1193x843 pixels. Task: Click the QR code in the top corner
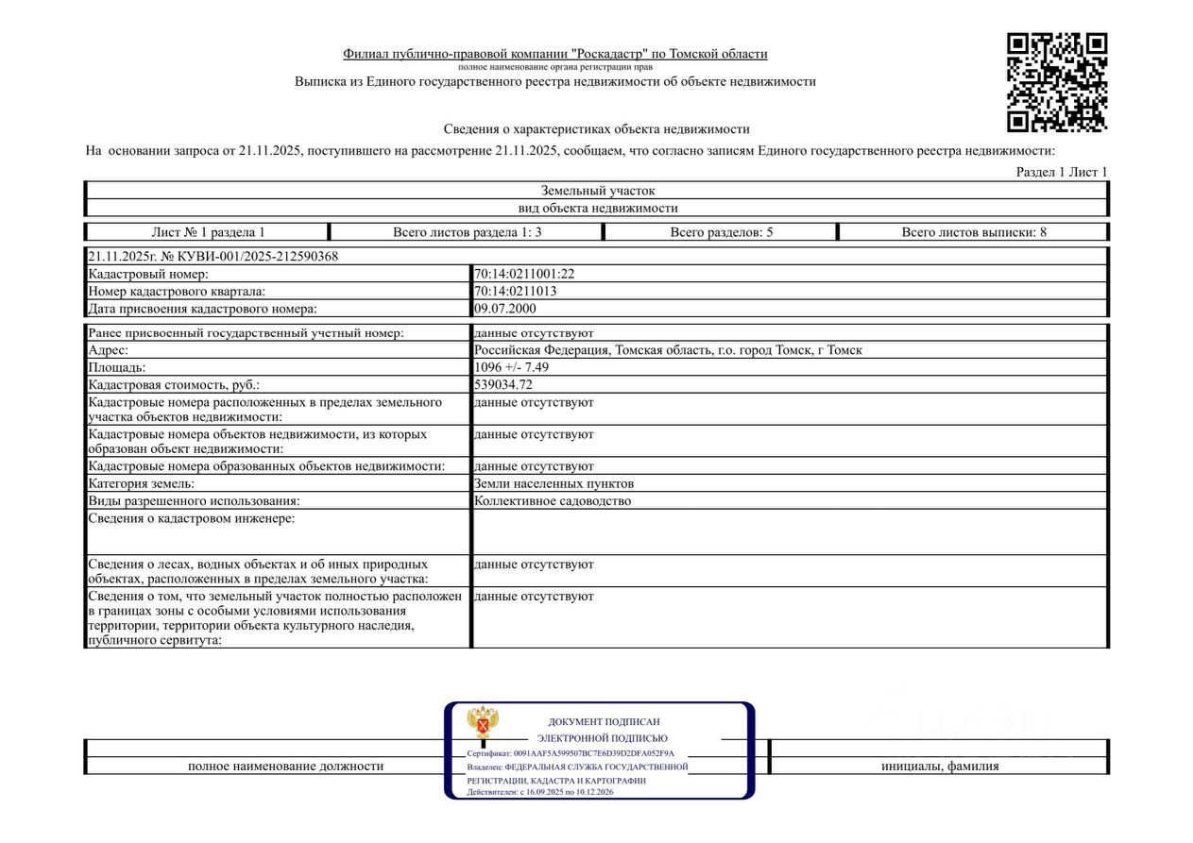coord(1056,82)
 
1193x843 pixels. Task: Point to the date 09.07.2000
coord(504,308)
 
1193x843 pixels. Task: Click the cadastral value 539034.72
coord(511,384)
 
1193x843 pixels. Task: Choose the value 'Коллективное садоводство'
coord(553,501)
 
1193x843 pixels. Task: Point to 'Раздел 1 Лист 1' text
coord(1061,172)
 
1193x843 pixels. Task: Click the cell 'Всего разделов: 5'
coord(722,232)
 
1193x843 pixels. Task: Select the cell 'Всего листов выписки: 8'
coord(974,232)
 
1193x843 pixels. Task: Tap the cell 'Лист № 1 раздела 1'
coord(208,232)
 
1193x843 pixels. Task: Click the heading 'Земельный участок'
coord(597,191)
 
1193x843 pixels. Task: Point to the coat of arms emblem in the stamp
coord(483,723)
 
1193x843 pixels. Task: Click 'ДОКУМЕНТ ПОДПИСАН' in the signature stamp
coord(604,722)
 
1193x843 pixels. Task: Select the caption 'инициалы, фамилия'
coord(940,767)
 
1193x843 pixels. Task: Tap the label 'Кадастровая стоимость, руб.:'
coord(173,384)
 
